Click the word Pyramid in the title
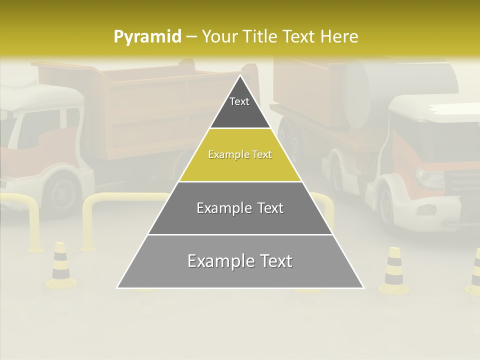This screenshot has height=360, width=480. tap(147, 37)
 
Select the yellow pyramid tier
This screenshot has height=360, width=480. tap(240, 155)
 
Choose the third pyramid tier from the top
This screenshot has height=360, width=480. tap(240, 208)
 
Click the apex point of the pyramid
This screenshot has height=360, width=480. tap(240, 75)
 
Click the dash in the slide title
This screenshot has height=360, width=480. tap(191, 37)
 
